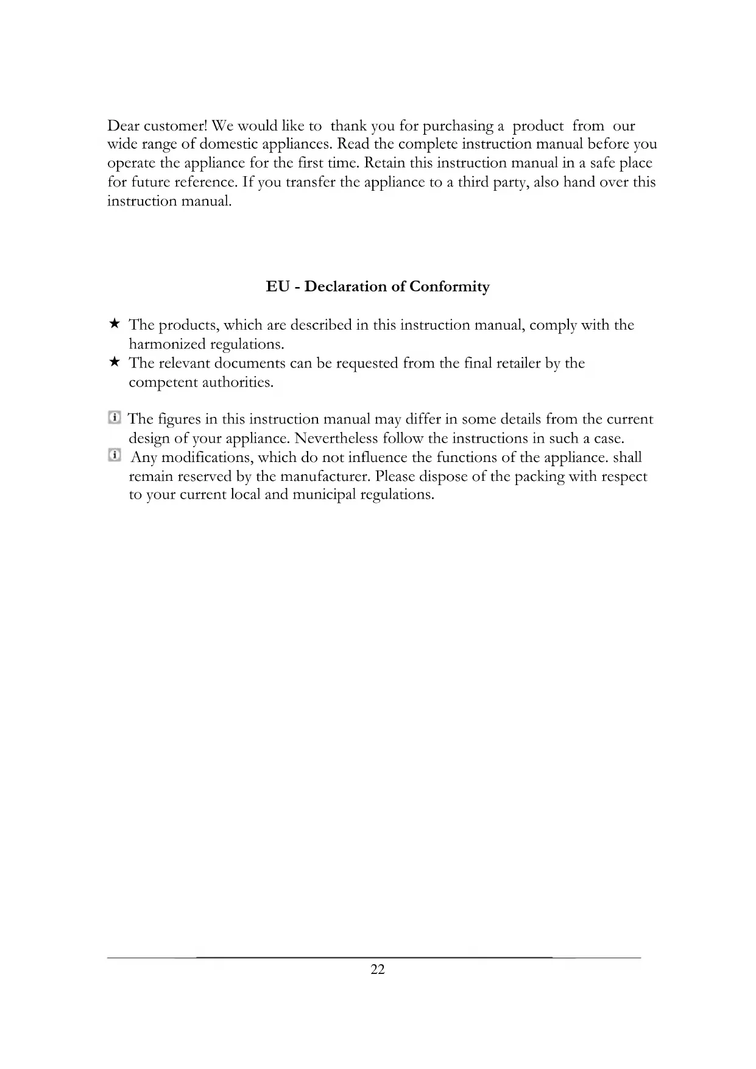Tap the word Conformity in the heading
point(449,286)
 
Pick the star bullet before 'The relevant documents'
point(114,362)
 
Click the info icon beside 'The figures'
point(114,417)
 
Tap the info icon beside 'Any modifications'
point(114,455)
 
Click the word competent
point(163,383)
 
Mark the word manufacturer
point(325,477)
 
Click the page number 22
point(378,970)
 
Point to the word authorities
point(238,383)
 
